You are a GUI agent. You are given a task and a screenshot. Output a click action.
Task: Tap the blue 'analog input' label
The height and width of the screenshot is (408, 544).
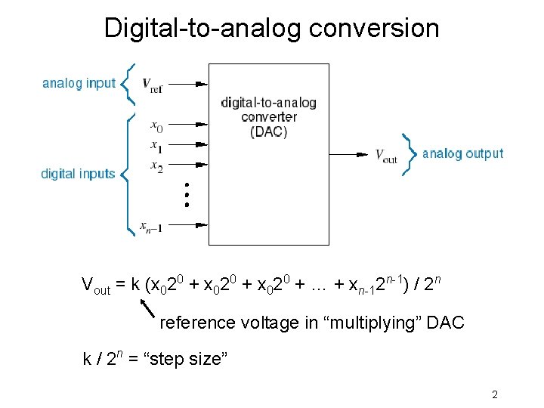pyautogui.click(x=79, y=83)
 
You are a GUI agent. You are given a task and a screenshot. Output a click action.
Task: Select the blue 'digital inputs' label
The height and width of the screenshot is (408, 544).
pyautogui.click(x=78, y=174)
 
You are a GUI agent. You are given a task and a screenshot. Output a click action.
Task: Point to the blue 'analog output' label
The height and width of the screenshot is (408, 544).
pyautogui.click(x=462, y=153)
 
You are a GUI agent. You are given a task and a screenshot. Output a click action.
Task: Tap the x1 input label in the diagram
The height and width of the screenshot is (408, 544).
pyautogui.click(x=156, y=145)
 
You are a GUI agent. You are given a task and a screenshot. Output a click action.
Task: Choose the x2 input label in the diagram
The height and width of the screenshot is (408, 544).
pyautogui.click(x=156, y=165)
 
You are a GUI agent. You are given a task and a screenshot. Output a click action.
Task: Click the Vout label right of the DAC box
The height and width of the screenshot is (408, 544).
pyautogui.click(x=386, y=155)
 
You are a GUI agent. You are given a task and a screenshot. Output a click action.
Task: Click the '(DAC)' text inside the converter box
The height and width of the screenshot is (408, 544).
pyautogui.click(x=268, y=131)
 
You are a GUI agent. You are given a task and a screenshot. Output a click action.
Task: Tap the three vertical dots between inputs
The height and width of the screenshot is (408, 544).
pyautogui.click(x=187, y=194)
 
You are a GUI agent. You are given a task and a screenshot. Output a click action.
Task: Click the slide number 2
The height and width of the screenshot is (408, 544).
pyautogui.click(x=494, y=394)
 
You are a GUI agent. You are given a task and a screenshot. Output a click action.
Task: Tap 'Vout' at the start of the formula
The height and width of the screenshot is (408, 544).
pyautogui.click(x=95, y=286)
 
